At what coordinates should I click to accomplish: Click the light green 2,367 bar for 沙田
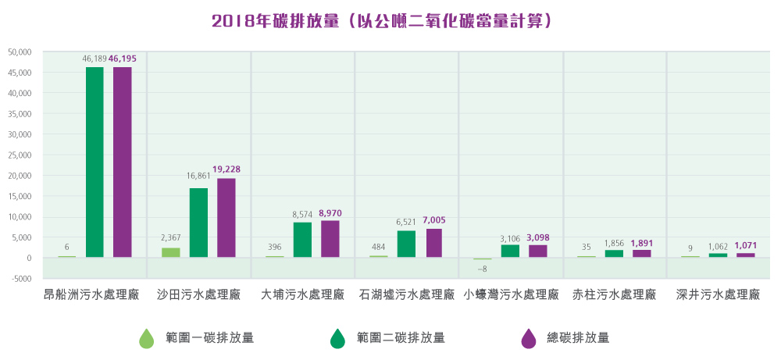[x=170, y=252]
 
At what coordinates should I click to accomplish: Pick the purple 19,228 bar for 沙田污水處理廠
[x=226, y=218]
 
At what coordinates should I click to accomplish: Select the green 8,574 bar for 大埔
[x=302, y=240]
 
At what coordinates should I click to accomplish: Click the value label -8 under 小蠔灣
[x=482, y=269]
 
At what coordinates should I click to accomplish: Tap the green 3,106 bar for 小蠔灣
[x=510, y=251]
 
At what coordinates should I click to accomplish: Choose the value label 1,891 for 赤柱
[x=642, y=243]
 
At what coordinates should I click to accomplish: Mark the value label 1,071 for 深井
[x=746, y=246]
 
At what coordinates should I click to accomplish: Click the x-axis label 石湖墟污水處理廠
[x=406, y=295]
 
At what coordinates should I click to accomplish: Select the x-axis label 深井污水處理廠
[x=718, y=295]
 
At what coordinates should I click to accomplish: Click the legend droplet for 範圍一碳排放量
[x=146, y=338]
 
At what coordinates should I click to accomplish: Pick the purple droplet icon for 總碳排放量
[x=529, y=338]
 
